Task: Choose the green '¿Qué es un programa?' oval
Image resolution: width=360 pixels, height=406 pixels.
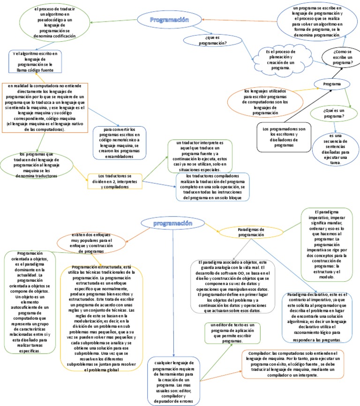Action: point(334,113)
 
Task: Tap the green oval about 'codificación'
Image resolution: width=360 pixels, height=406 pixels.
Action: point(45,23)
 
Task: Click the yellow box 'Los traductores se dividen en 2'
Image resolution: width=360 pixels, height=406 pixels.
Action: point(115,181)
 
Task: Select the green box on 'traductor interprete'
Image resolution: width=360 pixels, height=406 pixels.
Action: point(201,156)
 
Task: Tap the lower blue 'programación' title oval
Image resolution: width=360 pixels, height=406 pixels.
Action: point(172,225)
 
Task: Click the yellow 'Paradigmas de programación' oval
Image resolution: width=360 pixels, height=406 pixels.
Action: point(251,232)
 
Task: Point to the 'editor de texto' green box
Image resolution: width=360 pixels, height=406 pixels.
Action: point(232,333)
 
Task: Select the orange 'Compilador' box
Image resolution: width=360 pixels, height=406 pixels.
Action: point(293,364)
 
